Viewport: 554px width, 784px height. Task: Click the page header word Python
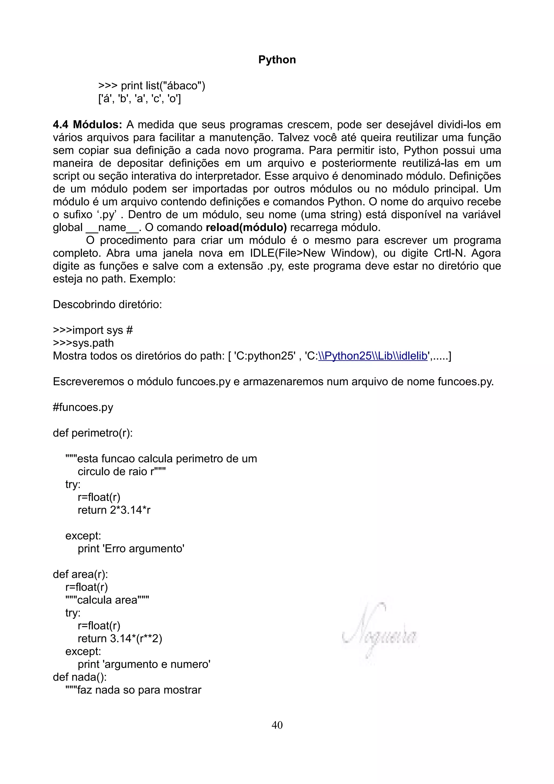(277, 60)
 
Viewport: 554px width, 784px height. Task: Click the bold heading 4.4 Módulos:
(87, 125)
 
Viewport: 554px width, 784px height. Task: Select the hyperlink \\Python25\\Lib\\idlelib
(373, 356)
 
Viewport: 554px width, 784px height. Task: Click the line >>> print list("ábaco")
(151, 86)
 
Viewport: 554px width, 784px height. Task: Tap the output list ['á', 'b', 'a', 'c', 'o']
(139, 99)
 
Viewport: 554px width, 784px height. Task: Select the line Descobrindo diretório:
(107, 304)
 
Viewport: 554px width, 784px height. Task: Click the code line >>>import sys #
(93, 330)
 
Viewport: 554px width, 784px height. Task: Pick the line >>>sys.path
(83, 343)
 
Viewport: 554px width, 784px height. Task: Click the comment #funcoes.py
(83, 407)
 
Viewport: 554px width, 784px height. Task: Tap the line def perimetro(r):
(93, 433)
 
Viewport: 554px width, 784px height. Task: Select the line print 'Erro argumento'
(131, 548)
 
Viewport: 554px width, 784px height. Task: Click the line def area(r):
(80, 574)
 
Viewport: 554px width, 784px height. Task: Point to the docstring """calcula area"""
(107, 600)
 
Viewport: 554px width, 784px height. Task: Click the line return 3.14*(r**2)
(120, 638)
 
